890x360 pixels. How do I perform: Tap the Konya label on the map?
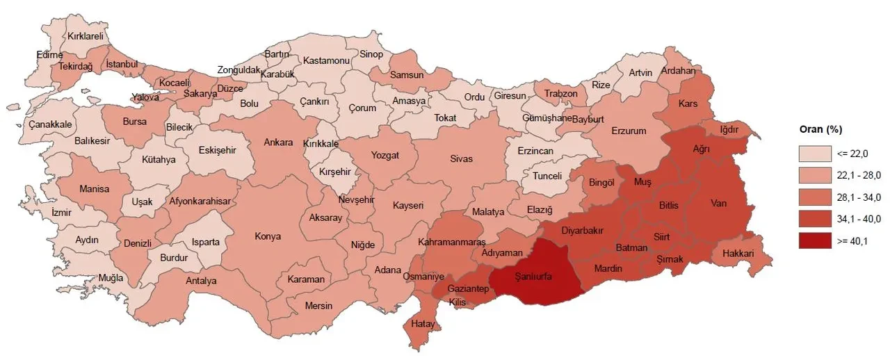click(268, 236)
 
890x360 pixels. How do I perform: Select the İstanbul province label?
click(123, 65)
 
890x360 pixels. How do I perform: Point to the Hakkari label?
click(738, 254)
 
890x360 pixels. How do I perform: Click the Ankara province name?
click(278, 142)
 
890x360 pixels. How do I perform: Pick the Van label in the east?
click(718, 204)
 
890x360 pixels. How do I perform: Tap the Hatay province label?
click(423, 324)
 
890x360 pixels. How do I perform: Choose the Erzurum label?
click(629, 131)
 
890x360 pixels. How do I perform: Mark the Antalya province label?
click(201, 281)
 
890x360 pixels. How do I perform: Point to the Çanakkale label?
click(50, 124)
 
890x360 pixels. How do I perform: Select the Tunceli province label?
click(547, 176)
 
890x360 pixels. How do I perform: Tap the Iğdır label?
click(729, 129)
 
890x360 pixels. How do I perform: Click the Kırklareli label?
click(85, 35)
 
